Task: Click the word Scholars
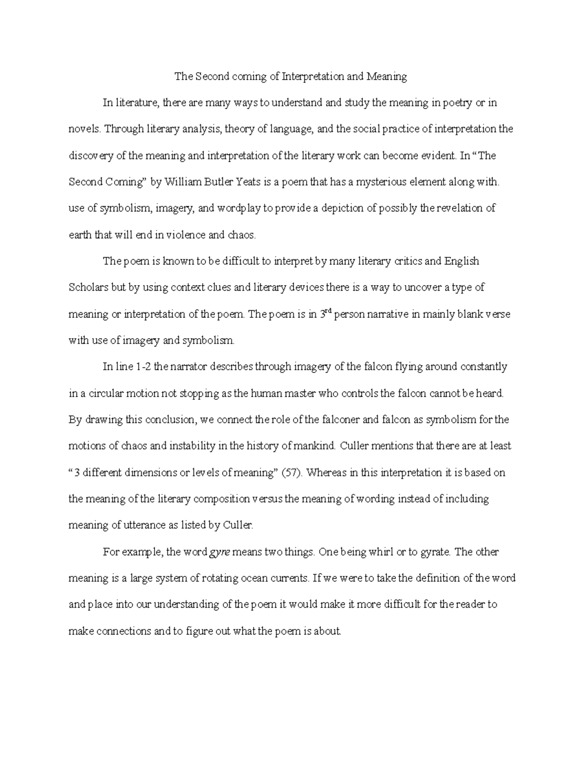(89, 288)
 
